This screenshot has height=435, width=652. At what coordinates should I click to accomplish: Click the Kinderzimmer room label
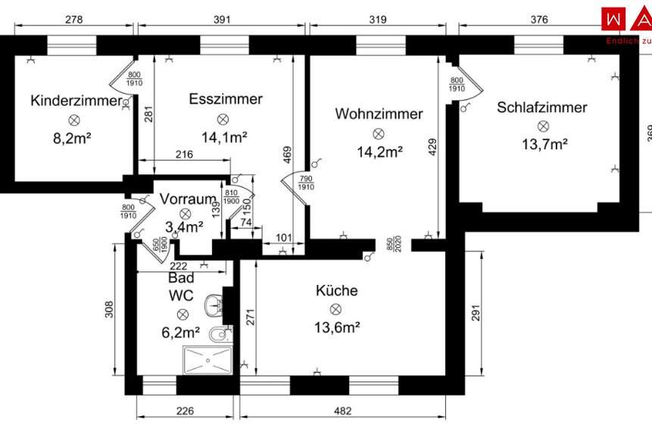tap(76, 100)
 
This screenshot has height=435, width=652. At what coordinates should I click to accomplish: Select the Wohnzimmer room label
tap(379, 114)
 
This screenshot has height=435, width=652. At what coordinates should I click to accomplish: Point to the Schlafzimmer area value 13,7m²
tap(542, 144)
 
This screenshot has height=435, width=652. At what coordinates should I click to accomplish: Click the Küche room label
tap(337, 290)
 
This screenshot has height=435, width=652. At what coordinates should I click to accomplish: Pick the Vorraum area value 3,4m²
tap(184, 226)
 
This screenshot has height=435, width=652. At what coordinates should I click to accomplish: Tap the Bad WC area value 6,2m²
tap(181, 332)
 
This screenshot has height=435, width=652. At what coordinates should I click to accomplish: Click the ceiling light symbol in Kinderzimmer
tap(74, 120)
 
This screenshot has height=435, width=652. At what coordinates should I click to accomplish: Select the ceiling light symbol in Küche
tap(335, 309)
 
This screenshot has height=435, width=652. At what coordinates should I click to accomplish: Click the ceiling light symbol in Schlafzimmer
tap(542, 126)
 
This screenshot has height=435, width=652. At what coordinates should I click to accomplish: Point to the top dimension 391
tap(220, 20)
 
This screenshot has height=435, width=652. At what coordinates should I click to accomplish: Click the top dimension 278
tap(73, 20)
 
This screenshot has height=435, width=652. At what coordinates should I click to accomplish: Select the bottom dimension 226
tap(185, 412)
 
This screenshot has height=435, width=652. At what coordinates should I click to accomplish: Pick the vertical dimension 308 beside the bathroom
tap(109, 308)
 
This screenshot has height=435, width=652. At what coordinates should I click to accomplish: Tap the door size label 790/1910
tap(306, 183)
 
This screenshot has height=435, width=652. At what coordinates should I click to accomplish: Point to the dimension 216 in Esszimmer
tap(184, 155)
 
